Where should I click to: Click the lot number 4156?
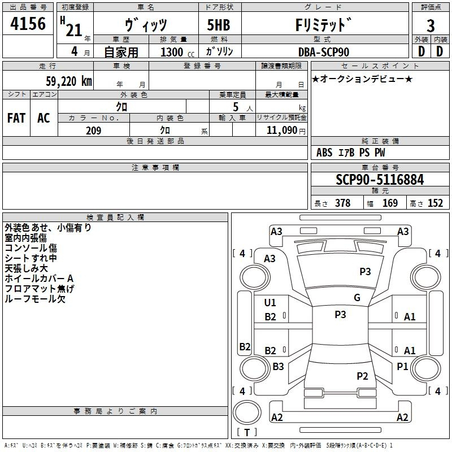tap(28, 23)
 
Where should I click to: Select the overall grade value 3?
tap(431, 25)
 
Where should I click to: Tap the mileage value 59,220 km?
tap(69, 81)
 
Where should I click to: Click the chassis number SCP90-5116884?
tap(380, 180)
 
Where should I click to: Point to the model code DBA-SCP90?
tap(323, 52)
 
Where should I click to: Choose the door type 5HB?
tap(219, 25)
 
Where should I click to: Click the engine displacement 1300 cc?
tap(177, 52)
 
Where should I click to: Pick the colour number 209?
tap(93, 131)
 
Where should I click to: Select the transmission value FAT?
tap(16, 118)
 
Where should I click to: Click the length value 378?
tap(342, 203)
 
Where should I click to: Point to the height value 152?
tap(435, 203)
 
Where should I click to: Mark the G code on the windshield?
tap(357, 298)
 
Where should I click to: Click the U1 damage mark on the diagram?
tap(270, 303)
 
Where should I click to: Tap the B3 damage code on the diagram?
tap(278, 366)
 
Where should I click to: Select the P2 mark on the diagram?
tap(362, 376)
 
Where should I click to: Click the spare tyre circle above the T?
tap(247, 412)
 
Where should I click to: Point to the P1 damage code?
tap(402, 366)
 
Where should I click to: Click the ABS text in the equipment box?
tap(324, 153)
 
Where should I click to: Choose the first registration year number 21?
tap(74, 30)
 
